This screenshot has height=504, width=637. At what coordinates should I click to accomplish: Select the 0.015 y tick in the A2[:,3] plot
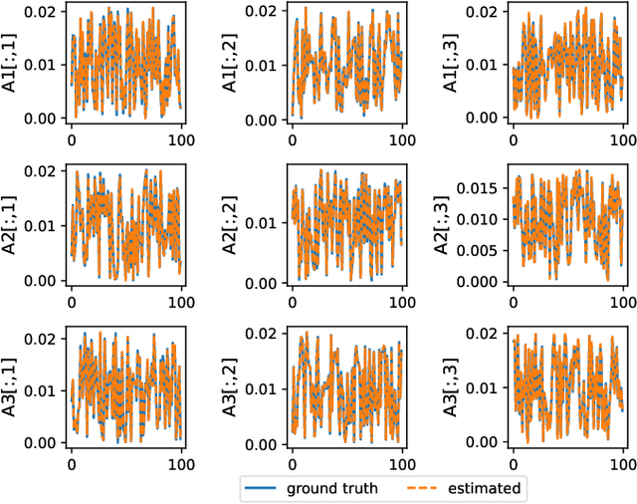click(481, 186)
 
